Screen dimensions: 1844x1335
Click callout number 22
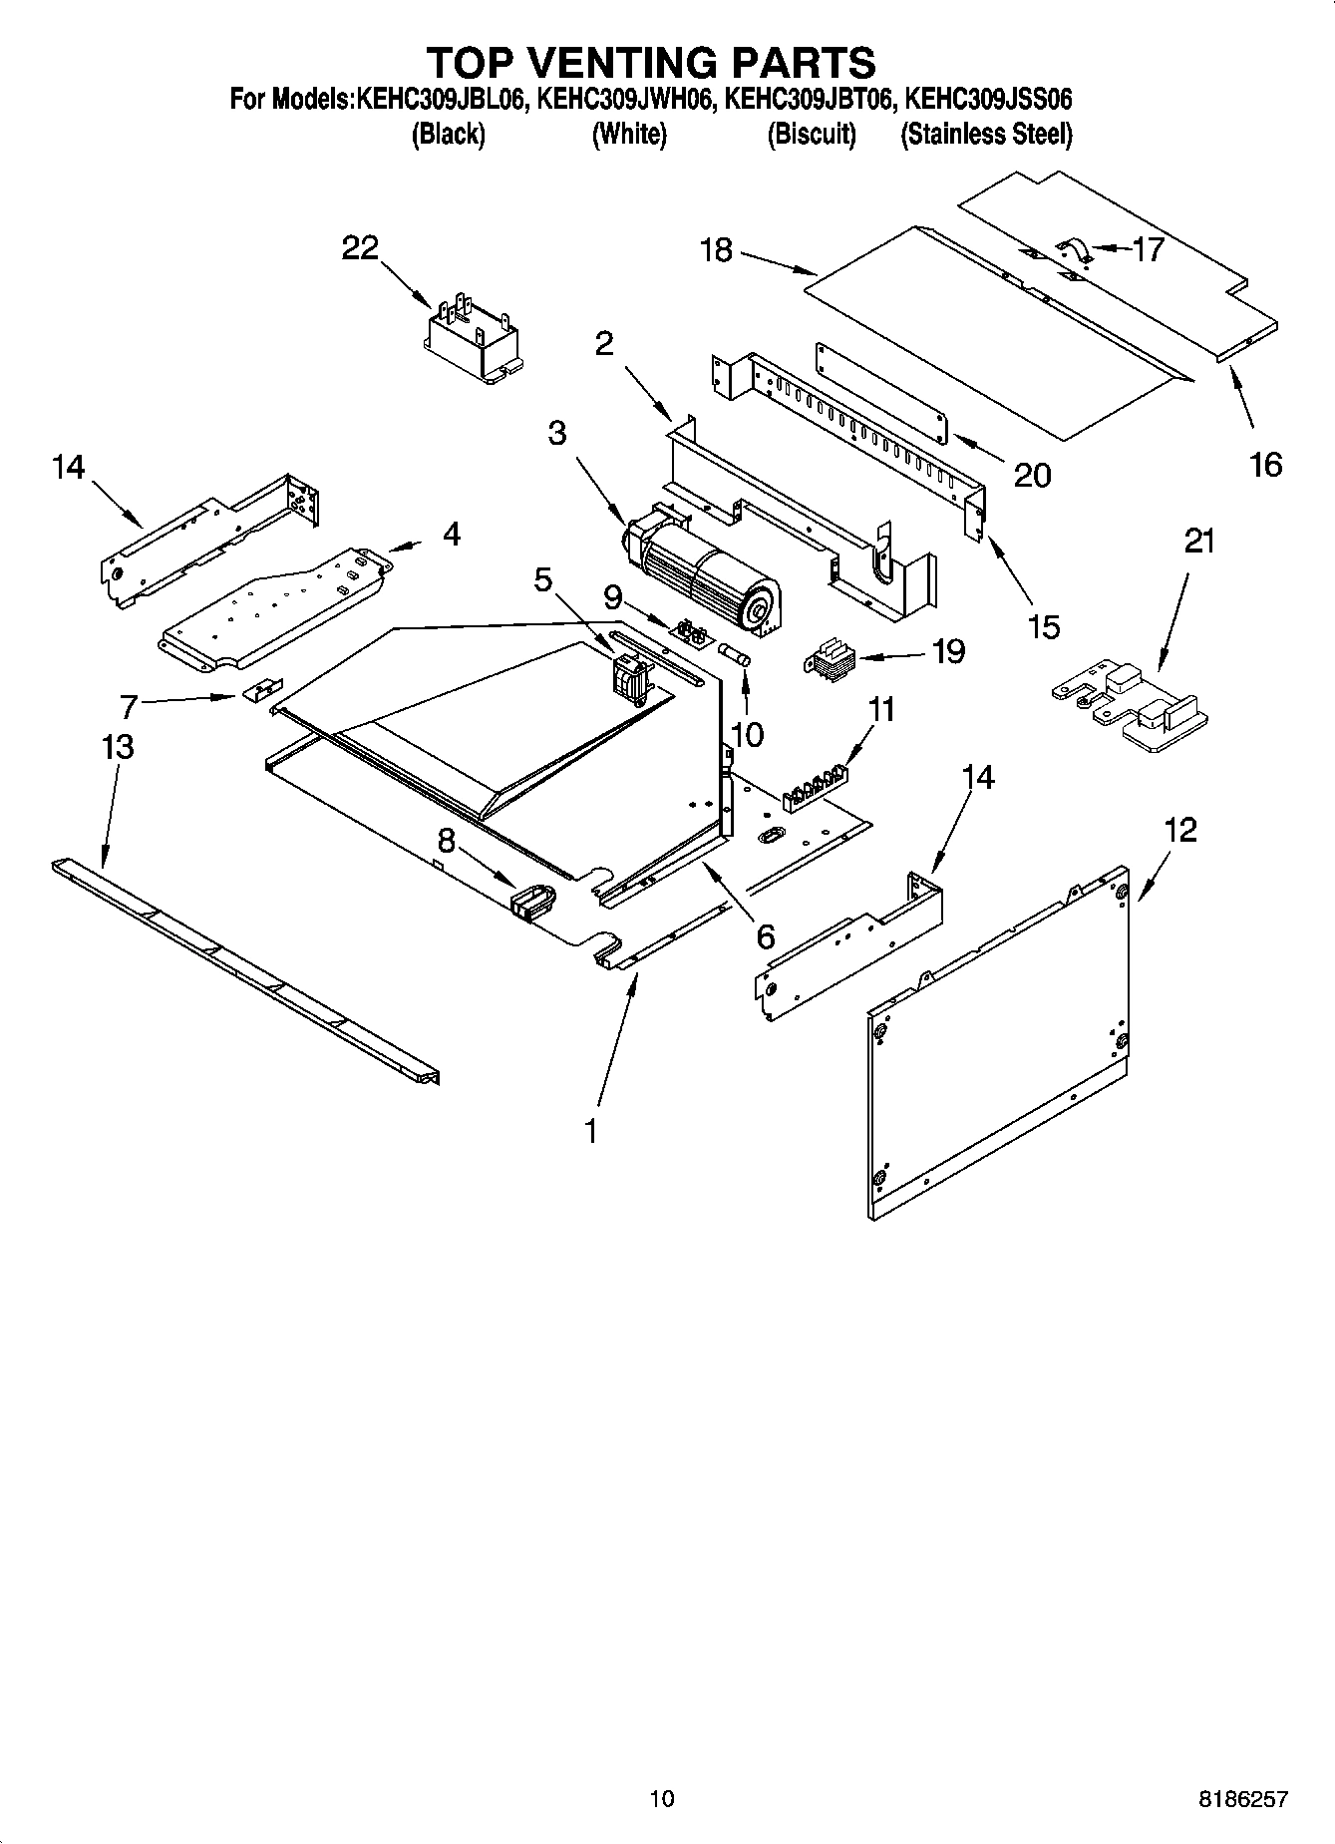click(360, 247)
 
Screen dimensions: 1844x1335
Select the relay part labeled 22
click(473, 338)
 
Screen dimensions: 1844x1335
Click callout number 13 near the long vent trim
click(118, 746)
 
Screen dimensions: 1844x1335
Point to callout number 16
click(1265, 464)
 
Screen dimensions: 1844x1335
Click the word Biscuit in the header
click(812, 134)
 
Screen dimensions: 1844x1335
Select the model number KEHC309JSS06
click(987, 100)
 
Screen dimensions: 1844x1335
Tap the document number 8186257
click(1242, 1799)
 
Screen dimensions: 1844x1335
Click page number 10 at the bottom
click(661, 1799)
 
